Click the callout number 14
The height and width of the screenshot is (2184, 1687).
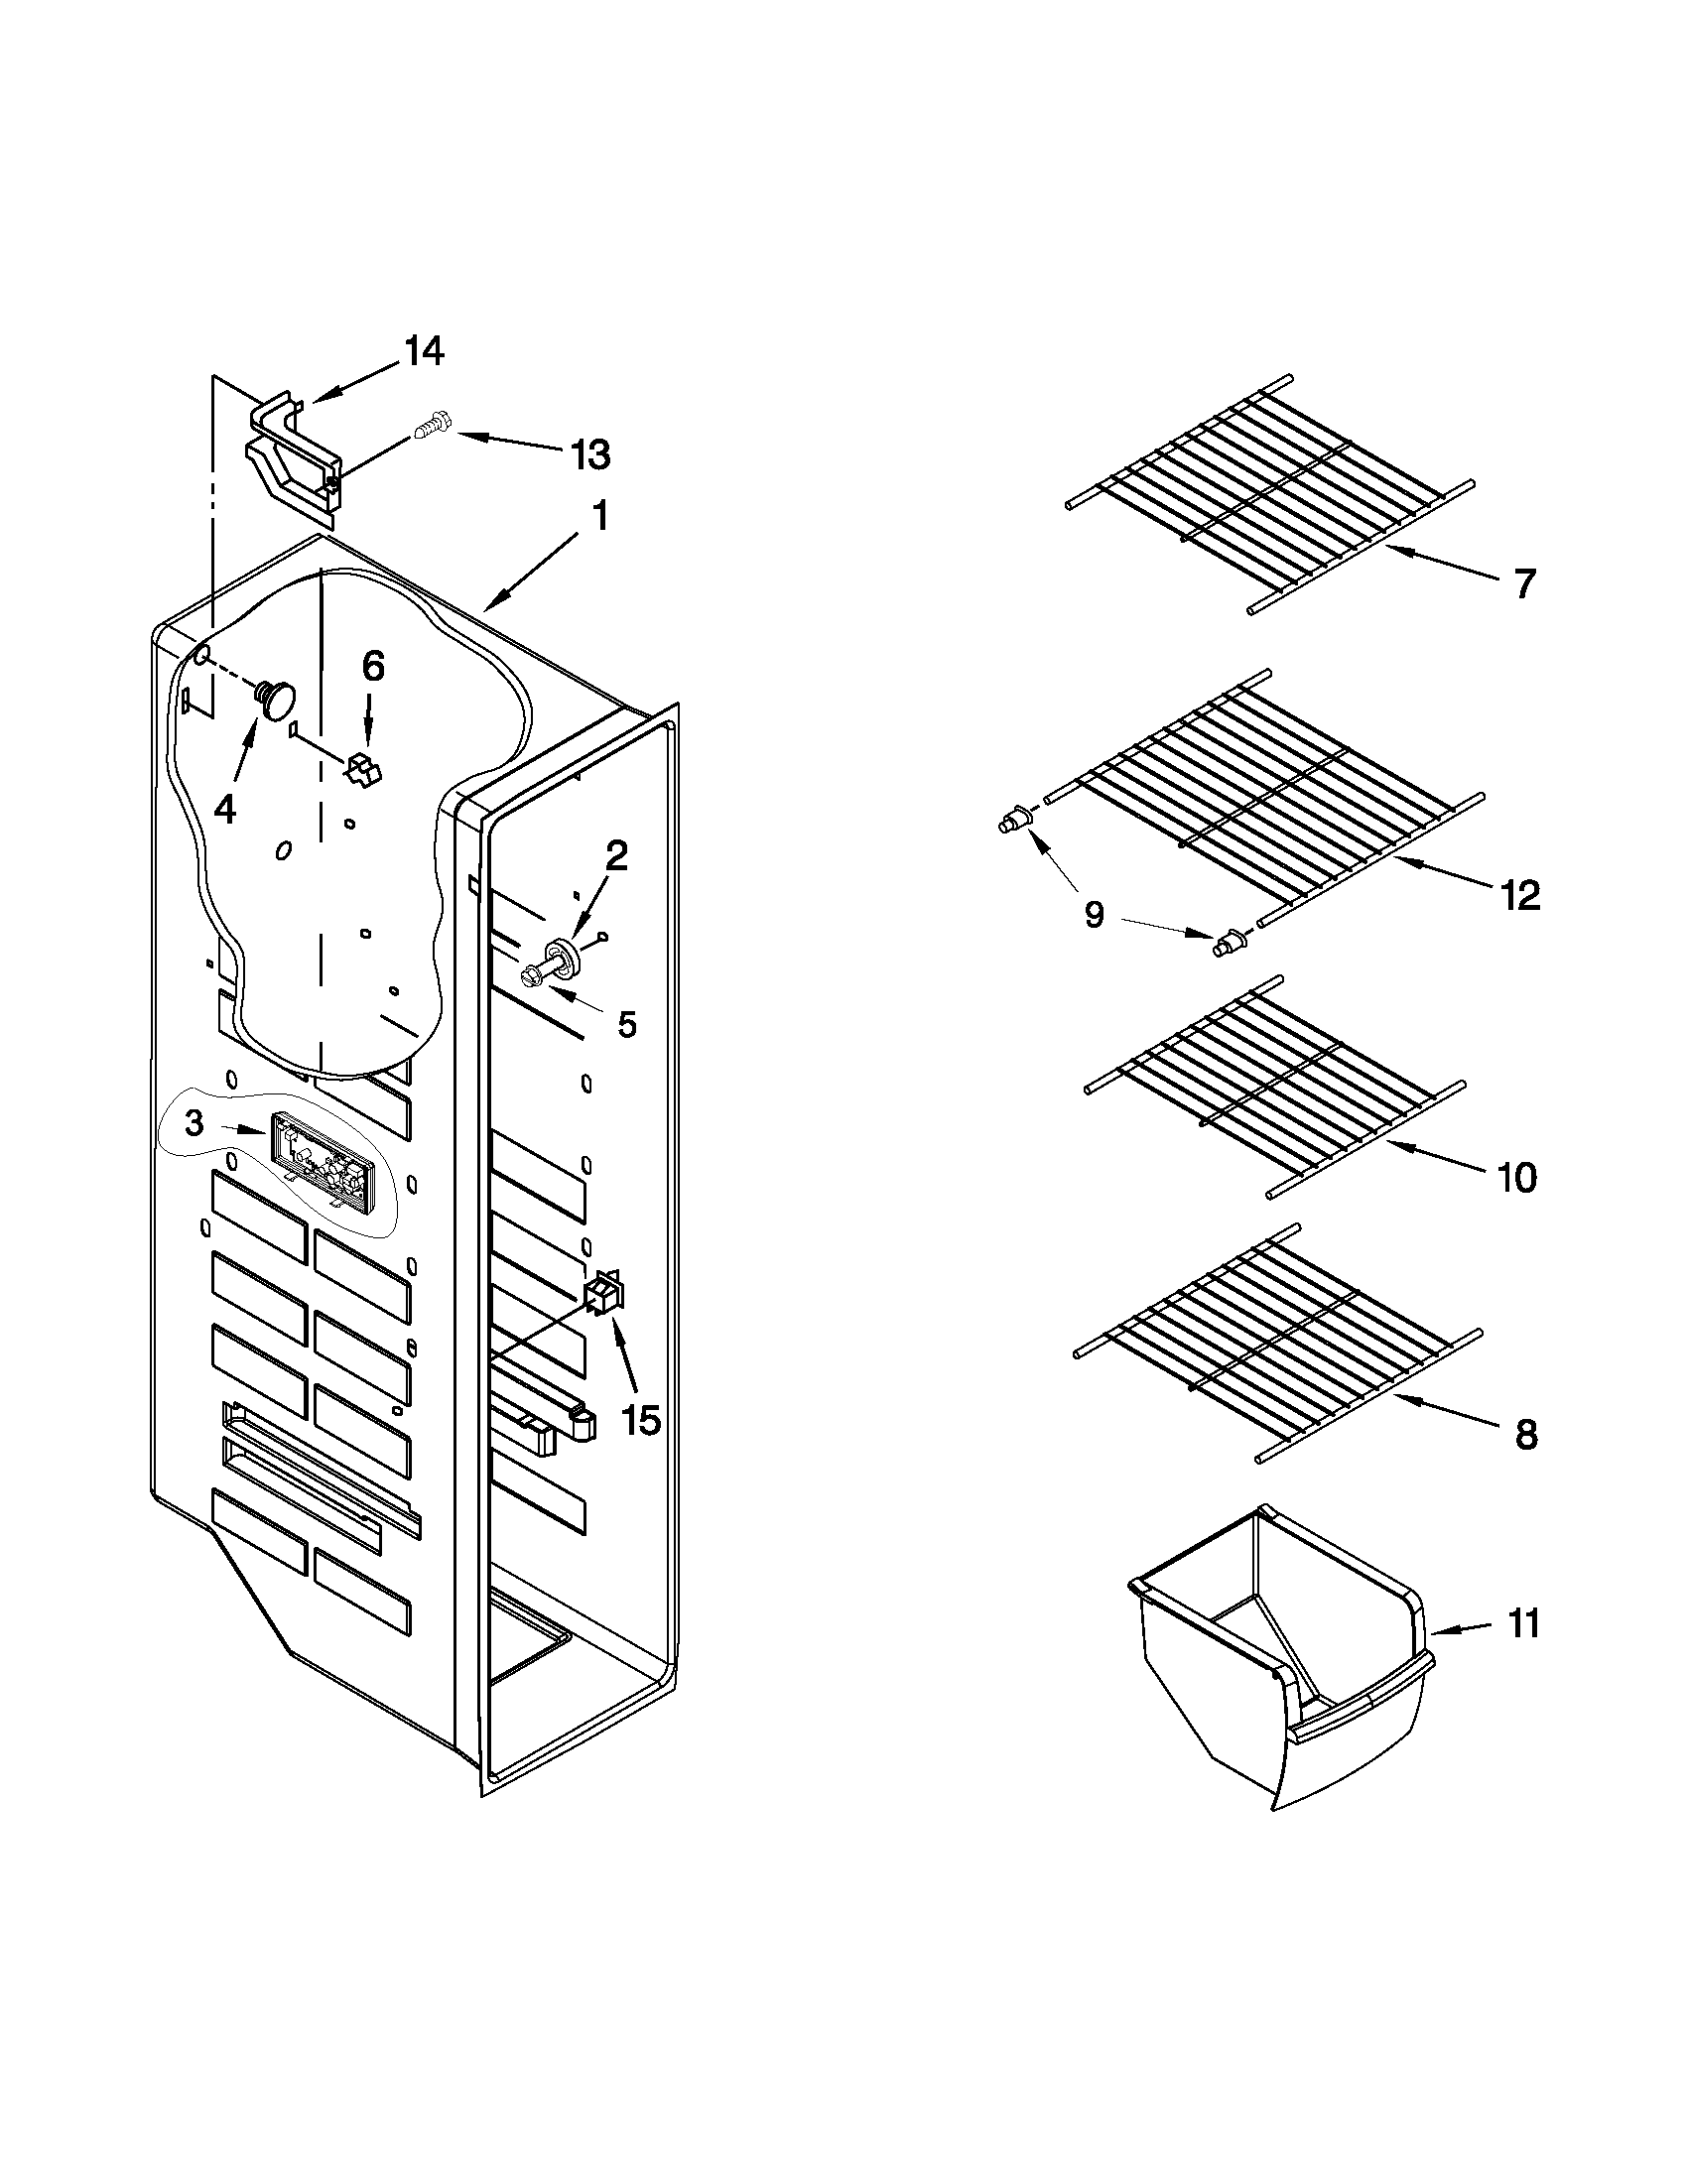(x=423, y=351)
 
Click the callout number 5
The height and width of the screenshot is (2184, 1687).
(x=626, y=1024)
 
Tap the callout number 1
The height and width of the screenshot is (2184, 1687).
(x=599, y=517)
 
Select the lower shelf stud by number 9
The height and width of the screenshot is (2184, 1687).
(x=1227, y=943)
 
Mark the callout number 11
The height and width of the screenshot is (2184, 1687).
(x=1522, y=1624)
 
